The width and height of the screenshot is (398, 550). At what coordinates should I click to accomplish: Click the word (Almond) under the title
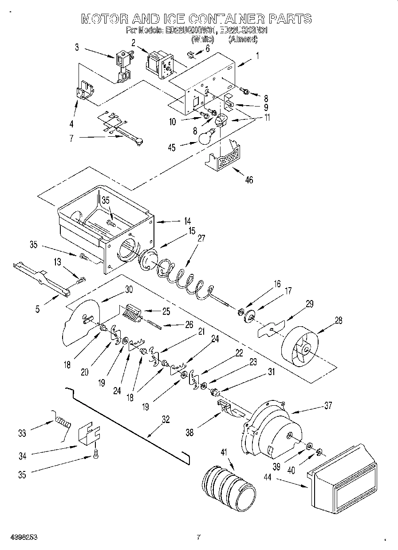tap(243, 39)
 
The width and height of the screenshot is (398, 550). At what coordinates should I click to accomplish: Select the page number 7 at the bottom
tap(199, 537)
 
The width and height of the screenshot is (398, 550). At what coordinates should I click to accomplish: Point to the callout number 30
tap(129, 289)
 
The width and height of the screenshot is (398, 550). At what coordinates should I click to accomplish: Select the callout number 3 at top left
tap(77, 47)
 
